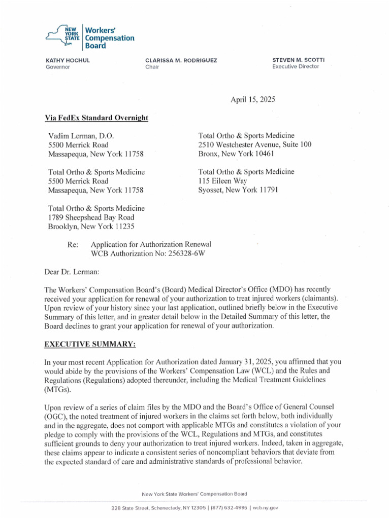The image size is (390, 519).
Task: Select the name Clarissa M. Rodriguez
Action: (x=181, y=60)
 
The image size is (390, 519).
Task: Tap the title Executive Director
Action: (x=296, y=67)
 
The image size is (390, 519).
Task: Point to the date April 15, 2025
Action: (x=252, y=100)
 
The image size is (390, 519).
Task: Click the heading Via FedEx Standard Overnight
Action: (x=96, y=118)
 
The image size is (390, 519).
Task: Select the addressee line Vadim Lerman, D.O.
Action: (x=81, y=136)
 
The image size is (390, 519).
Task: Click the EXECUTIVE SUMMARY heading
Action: (x=90, y=344)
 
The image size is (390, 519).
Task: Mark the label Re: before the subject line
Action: (x=72, y=244)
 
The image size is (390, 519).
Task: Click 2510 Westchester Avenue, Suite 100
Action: (x=255, y=145)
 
